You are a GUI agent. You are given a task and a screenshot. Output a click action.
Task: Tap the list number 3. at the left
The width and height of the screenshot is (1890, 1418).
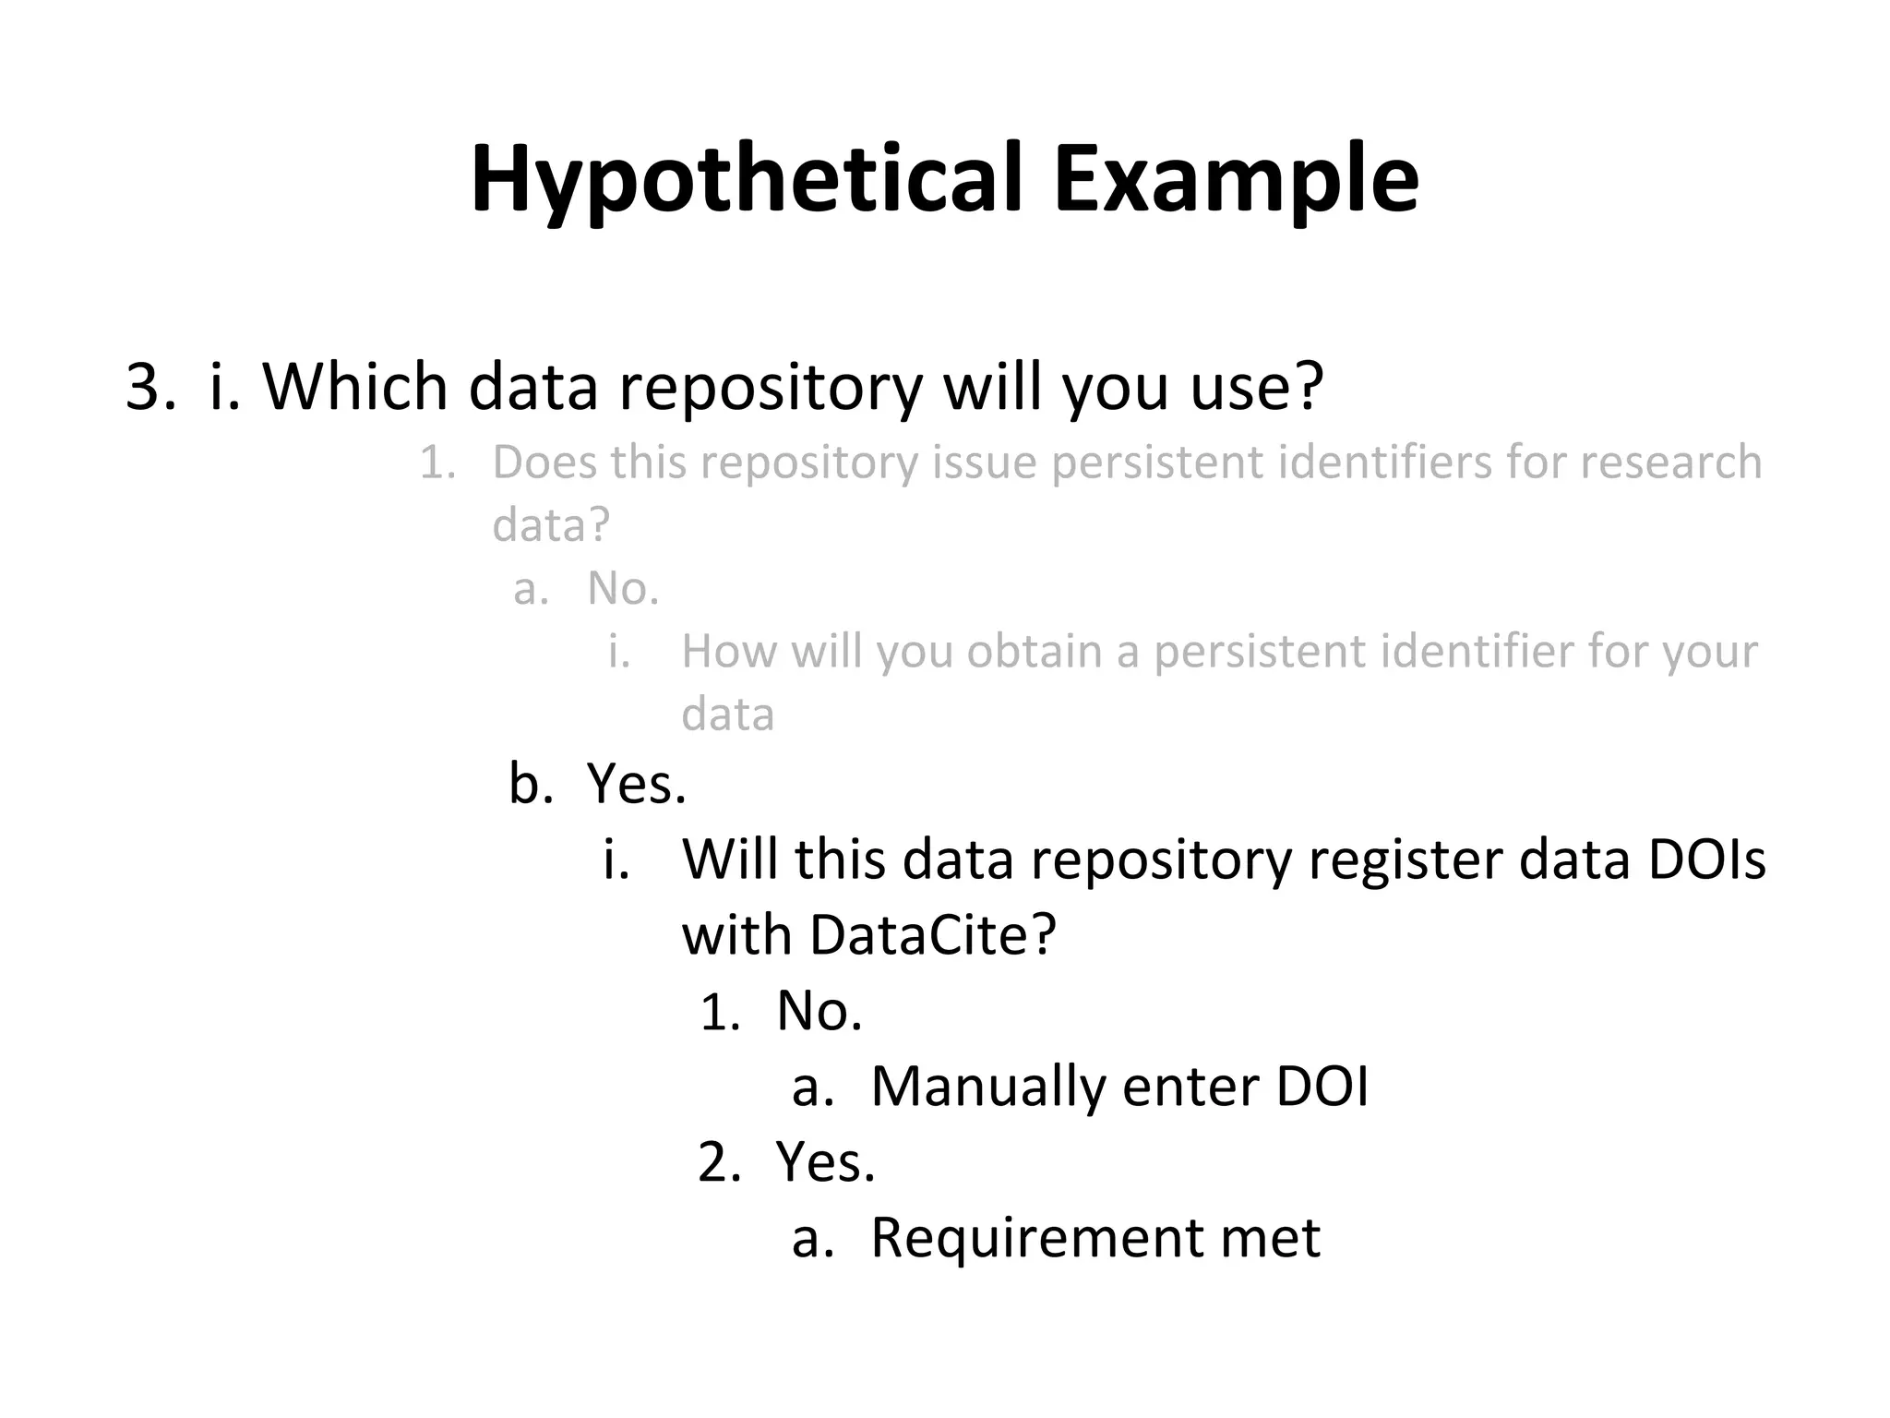150,386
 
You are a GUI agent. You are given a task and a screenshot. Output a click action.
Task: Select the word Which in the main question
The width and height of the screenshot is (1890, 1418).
355,386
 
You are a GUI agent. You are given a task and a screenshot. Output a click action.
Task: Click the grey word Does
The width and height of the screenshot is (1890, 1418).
544,462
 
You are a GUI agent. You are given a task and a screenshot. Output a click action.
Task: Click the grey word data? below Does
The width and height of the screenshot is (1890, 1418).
551,524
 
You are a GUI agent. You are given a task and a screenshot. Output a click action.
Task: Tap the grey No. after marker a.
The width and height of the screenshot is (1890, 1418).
624,588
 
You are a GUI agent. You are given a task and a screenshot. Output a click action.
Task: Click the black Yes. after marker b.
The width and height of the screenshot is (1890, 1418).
637,784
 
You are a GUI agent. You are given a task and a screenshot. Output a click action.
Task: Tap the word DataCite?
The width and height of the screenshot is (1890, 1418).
932,934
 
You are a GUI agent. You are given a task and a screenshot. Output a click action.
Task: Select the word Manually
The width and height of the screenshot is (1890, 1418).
987,1086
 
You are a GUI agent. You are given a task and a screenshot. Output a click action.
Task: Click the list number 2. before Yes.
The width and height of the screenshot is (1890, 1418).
720,1161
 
